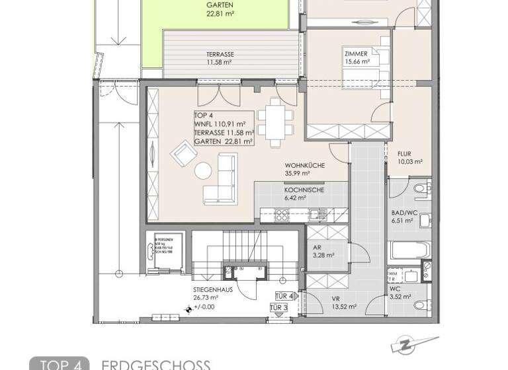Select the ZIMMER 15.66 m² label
tap(359, 58)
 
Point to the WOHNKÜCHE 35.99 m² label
tap(304, 169)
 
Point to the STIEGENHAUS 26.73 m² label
tap(213, 293)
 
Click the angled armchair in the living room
tap(183, 156)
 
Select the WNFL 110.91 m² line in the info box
tap(220, 124)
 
